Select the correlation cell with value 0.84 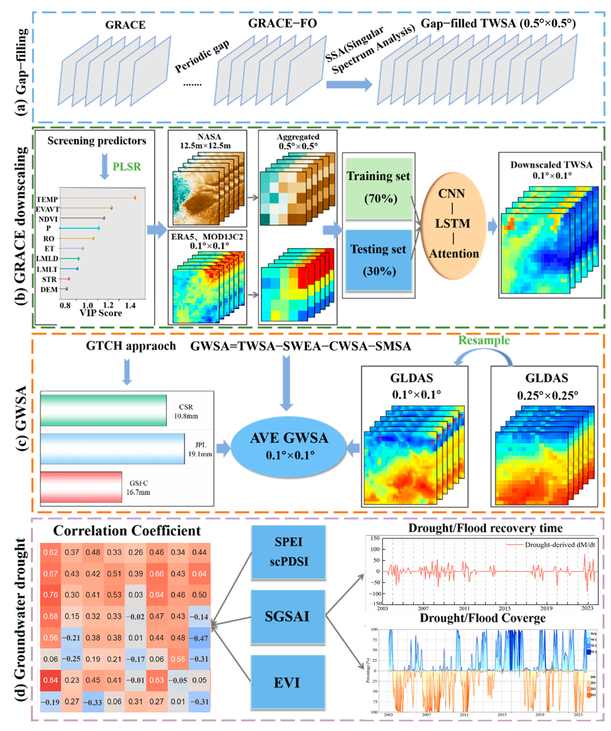point(50,680)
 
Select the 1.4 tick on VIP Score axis point(130,305)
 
